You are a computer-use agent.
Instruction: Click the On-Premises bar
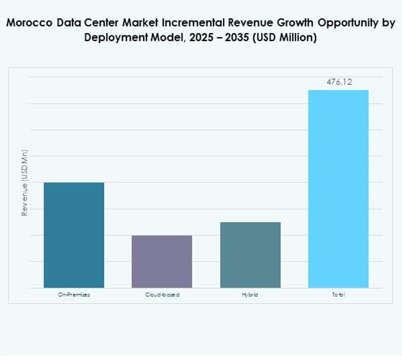[x=74, y=235]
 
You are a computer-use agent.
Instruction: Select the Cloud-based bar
[x=162, y=261]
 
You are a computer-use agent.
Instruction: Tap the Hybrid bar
[x=250, y=255]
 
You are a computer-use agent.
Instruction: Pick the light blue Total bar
[x=338, y=189]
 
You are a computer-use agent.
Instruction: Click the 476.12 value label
[x=339, y=82]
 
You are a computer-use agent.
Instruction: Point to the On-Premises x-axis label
[x=74, y=295]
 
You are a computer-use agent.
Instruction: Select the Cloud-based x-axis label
[x=162, y=295]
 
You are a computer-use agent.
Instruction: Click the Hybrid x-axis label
[x=250, y=295]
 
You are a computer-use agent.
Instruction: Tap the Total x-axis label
[x=338, y=295]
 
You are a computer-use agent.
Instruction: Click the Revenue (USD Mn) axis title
[x=25, y=183]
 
